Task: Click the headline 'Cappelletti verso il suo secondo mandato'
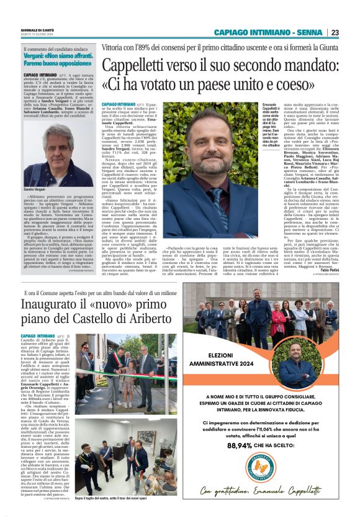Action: point(220,73)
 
